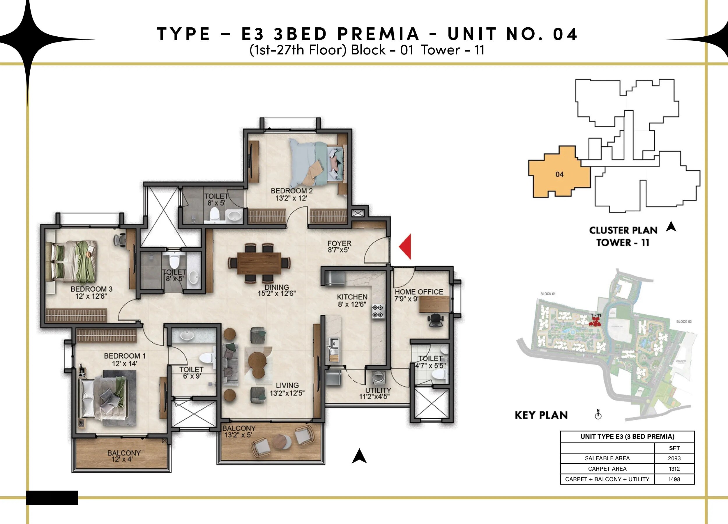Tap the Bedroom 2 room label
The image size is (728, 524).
point(291,194)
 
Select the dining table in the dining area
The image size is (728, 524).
point(259,263)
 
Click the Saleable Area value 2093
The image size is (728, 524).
point(674,458)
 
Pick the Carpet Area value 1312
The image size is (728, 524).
point(674,469)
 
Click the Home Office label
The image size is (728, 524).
point(418,295)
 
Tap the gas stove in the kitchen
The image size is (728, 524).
point(377,311)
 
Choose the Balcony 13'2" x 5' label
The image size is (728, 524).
point(239,431)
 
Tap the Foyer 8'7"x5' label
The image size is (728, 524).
point(339,247)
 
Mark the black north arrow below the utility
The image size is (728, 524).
point(359,456)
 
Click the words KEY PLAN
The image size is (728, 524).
point(541,415)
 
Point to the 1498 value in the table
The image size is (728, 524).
point(674,479)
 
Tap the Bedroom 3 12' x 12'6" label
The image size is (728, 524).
point(91,292)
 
